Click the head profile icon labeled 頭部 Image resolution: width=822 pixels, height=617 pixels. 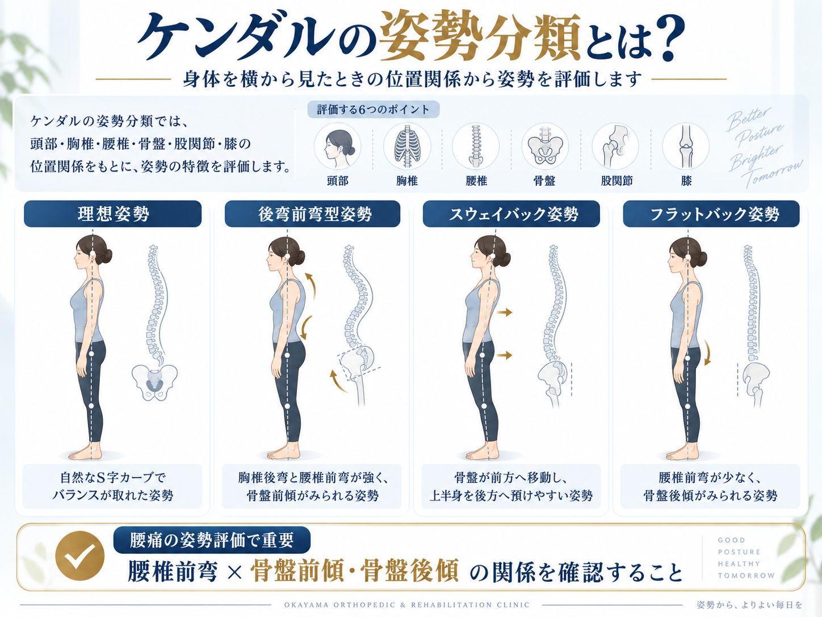pyautogui.click(x=337, y=146)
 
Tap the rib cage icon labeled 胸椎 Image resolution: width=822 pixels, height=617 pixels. pyautogui.click(x=406, y=146)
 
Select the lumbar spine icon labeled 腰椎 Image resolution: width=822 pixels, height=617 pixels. pyautogui.click(x=476, y=146)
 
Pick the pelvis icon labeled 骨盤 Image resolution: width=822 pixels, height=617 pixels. pyautogui.click(x=545, y=146)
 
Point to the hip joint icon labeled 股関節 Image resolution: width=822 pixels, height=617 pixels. pyautogui.click(x=615, y=146)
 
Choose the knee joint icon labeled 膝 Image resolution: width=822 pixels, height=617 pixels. pyautogui.click(x=686, y=146)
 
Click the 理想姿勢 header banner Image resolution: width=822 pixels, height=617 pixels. pyautogui.click(x=113, y=214)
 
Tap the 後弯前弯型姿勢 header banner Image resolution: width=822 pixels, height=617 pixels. pyautogui.click(x=312, y=214)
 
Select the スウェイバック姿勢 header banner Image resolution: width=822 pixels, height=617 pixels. pyautogui.click(x=511, y=214)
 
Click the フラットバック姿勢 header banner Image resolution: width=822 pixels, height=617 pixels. pyautogui.click(x=711, y=214)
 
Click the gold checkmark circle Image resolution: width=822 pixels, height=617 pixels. pyautogui.click(x=80, y=556)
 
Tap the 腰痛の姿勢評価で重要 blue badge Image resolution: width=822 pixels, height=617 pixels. pyautogui.click(x=212, y=540)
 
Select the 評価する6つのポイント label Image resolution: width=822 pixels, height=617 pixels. pyautogui.click(x=374, y=110)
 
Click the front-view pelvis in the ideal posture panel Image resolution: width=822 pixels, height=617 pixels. pyautogui.click(x=154, y=382)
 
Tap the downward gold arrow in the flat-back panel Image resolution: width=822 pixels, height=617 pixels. pyautogui.click(x=707, y=352)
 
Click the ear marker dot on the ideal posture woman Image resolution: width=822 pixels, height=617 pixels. pyautogui.click(x=93, y=254)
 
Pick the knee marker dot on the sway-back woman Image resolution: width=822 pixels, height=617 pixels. pyautogui.click(x=484, y=406)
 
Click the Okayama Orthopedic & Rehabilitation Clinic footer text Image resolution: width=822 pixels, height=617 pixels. pyautogui.click(x=406, y=605)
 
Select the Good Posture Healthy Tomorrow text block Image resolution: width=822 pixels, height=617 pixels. pyautogui.click(x=746, y=558)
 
